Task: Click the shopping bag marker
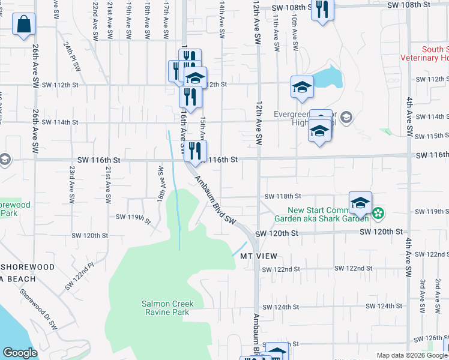[x=23, y=25]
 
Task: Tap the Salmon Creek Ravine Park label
[x=166, y=308]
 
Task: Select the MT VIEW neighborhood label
[x=259, y=256]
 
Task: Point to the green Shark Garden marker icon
[x=378, y=212]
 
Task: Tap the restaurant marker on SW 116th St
[x=194, y=151]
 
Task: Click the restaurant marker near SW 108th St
[x=322, y=10]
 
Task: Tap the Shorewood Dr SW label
[x=38, y=310]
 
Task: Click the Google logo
[x=20, y=353]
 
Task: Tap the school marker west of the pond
[x=302, y=87]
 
